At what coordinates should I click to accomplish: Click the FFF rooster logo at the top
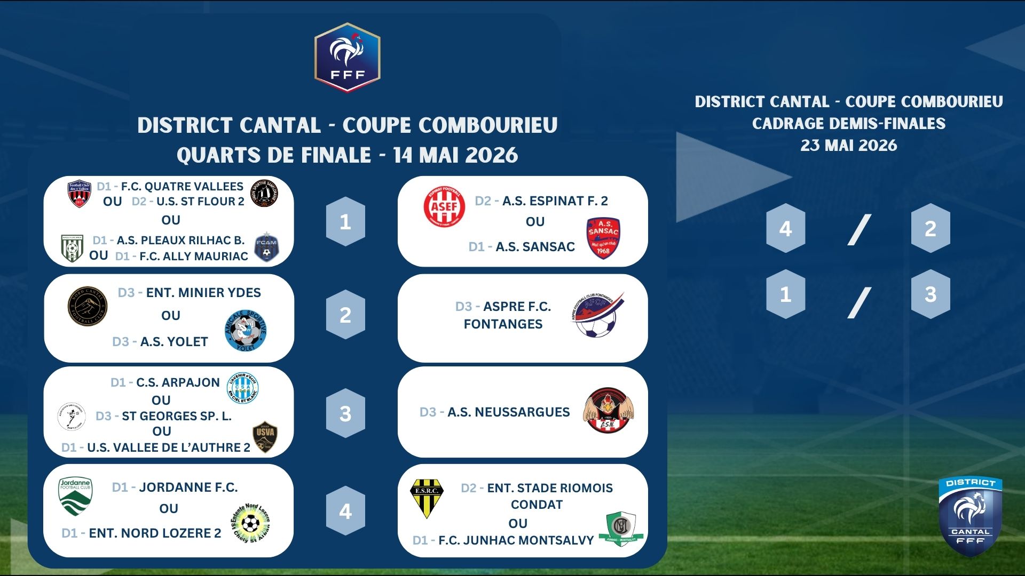[x=348, y=57]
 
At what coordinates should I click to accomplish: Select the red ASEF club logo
[x=444, y=206]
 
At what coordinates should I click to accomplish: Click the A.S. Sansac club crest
[x=603, y=238]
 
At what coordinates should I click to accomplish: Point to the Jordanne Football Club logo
[x=75, y=497]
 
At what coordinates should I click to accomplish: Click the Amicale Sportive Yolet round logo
[x=246, y=331]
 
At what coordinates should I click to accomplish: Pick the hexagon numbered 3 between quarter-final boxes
[x=345, y=413]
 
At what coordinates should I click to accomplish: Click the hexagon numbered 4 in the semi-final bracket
[x=785, y=228]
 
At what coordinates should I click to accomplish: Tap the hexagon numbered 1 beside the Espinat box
[x=345, y=221]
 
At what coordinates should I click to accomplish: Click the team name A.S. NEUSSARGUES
[x=509, y=412]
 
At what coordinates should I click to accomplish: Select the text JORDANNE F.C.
[x=188, y=487]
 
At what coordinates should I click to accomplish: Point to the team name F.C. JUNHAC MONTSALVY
[x=516, y=541]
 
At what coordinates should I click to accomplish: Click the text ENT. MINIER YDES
[x=203, y=293]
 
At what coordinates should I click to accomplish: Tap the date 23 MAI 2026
[x=849, y=146]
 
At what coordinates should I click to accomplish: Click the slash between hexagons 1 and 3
[x=859, y=302]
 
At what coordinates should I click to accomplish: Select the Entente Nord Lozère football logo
[x=250, y=523]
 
